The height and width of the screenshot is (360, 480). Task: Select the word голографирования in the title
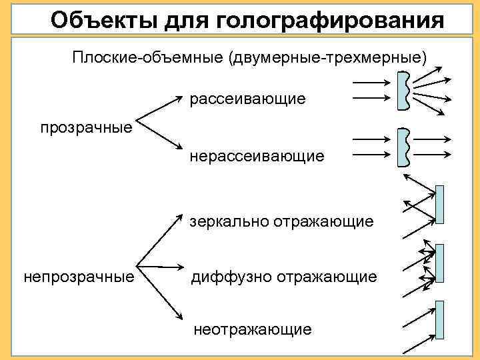(x=329, y=21)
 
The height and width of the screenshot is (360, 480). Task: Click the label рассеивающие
(x=247, y=99)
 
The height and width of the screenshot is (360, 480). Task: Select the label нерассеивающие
(x=257, y=156)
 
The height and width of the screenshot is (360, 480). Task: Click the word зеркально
(x=229, y=221)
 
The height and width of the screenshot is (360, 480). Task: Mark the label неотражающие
(x=252, y=329)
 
